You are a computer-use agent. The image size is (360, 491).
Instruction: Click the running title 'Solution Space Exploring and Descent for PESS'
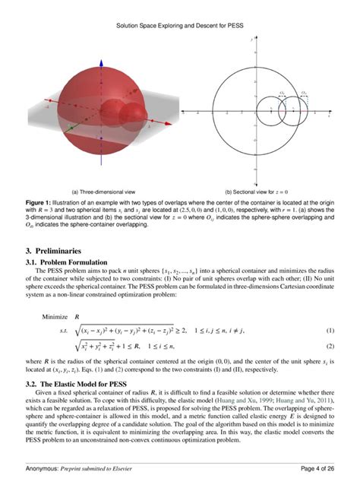pos(180,24)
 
